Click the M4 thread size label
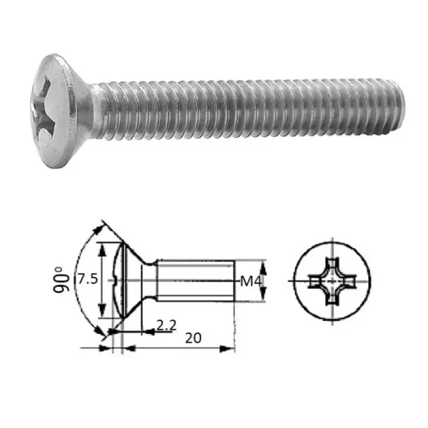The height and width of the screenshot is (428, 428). (250, 280)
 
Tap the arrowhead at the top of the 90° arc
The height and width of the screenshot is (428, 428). (99, 228)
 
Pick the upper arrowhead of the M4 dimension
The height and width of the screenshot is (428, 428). (263, 264)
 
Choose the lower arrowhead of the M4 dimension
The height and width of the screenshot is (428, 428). (263, 297)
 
